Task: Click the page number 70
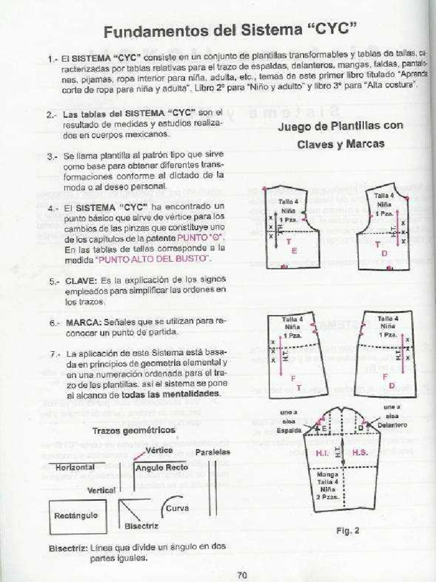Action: [x=242, y=575]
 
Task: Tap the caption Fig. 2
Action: [x=348, y=531]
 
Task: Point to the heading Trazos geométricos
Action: [x=134, y=430]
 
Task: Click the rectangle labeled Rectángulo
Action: [x=76, y=516]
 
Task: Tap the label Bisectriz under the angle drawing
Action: [x=141, y=526]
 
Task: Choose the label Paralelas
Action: [x=213, y=452]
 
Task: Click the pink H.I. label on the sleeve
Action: [x=323, y=453]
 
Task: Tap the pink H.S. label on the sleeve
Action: [x=360, y=453]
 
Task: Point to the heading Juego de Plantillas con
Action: [x=341, y=126]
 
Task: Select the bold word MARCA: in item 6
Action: [x=83, y=322]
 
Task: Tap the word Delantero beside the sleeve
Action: [x=394, y=425]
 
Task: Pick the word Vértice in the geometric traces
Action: [x=159, y=450]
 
